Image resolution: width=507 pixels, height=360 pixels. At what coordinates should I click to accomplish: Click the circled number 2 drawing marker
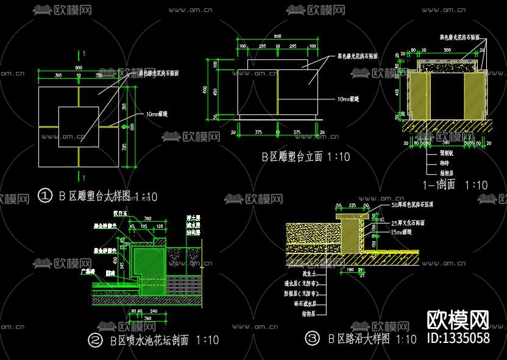click(x=95, y=340)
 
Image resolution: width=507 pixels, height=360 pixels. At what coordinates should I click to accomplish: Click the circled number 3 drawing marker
click(x=311, y=337)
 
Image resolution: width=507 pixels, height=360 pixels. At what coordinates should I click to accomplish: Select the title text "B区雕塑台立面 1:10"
click(x=306, y=157)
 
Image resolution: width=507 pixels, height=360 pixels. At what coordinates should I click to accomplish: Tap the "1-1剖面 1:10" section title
click(x=456, y=185)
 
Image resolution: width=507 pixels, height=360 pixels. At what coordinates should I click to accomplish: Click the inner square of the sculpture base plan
click(x=78, y=127)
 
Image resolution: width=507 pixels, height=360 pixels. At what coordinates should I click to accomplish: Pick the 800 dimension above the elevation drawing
click(x=277, y=37)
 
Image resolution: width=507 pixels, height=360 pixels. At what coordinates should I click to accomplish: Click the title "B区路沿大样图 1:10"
click(x=372, y=339)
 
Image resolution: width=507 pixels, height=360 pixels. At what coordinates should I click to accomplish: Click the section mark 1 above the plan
click(x=83, y=54)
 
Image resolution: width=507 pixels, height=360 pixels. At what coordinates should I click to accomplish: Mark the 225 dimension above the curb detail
click(x=352, y=205)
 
